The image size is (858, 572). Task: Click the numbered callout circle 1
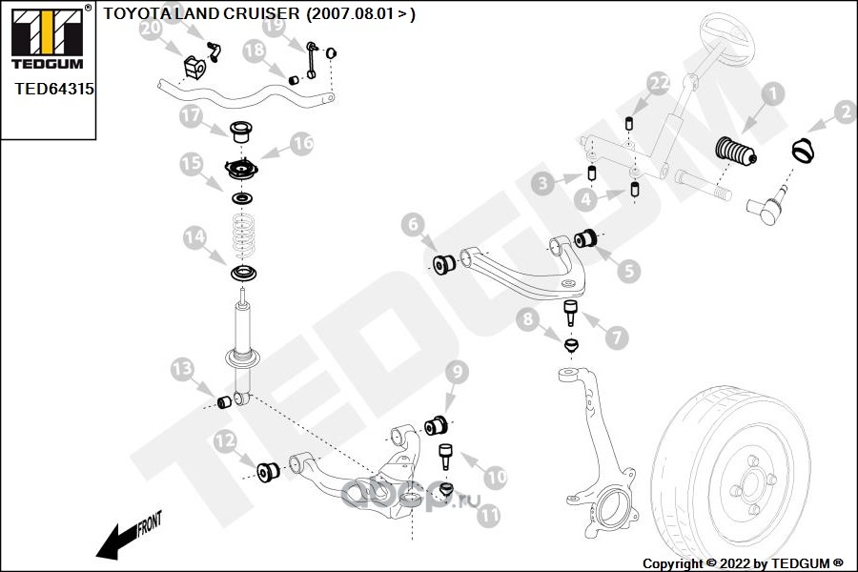point(771,93)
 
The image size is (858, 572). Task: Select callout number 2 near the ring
point(844,113)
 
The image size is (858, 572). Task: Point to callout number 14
point(194,237)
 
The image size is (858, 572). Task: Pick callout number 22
point(659,84)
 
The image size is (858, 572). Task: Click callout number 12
point(225,440)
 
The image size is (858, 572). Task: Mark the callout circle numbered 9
point(456,371)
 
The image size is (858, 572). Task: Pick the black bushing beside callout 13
point(226,401)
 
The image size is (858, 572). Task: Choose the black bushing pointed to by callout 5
point(589,235)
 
